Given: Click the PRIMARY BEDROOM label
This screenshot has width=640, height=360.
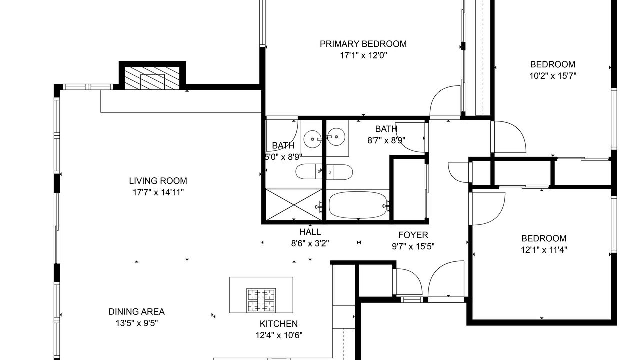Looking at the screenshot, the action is click(x=363, y=44).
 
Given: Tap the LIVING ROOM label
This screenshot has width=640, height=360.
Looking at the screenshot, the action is click(x=158, y=181).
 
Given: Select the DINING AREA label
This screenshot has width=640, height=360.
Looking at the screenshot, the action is click(x=136, y=311).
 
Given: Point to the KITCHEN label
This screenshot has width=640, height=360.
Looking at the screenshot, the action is click(x=279, y=323).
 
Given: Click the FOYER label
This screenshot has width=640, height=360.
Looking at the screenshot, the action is click(x=413, y=235).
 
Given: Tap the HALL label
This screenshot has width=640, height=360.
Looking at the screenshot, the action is click(x=310, y=232).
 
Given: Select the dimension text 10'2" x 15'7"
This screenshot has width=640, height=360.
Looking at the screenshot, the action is click(x=553, y=76).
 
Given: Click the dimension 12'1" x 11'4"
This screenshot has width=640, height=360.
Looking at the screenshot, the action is click(x=544, y=250).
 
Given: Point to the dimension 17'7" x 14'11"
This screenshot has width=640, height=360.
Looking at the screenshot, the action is click(x=158, y=193).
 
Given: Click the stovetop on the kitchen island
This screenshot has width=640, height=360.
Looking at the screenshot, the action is click(x=261, y=300).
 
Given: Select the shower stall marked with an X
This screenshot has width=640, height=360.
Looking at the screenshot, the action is click(x=294, y=204).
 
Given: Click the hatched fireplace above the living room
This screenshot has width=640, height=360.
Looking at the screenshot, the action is click(x=152, y=78).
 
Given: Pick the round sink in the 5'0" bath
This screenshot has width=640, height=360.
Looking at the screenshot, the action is click(x=312, y=139).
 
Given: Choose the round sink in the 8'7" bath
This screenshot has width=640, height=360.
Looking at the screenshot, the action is click(x=336, y=137).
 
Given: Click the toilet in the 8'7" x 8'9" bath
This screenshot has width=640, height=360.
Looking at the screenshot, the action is click(x=339, y=172).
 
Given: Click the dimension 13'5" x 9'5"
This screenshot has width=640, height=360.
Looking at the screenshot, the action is click(x=136, y=323).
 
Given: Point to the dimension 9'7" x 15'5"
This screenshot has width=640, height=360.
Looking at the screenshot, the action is click(x=413, y=247).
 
